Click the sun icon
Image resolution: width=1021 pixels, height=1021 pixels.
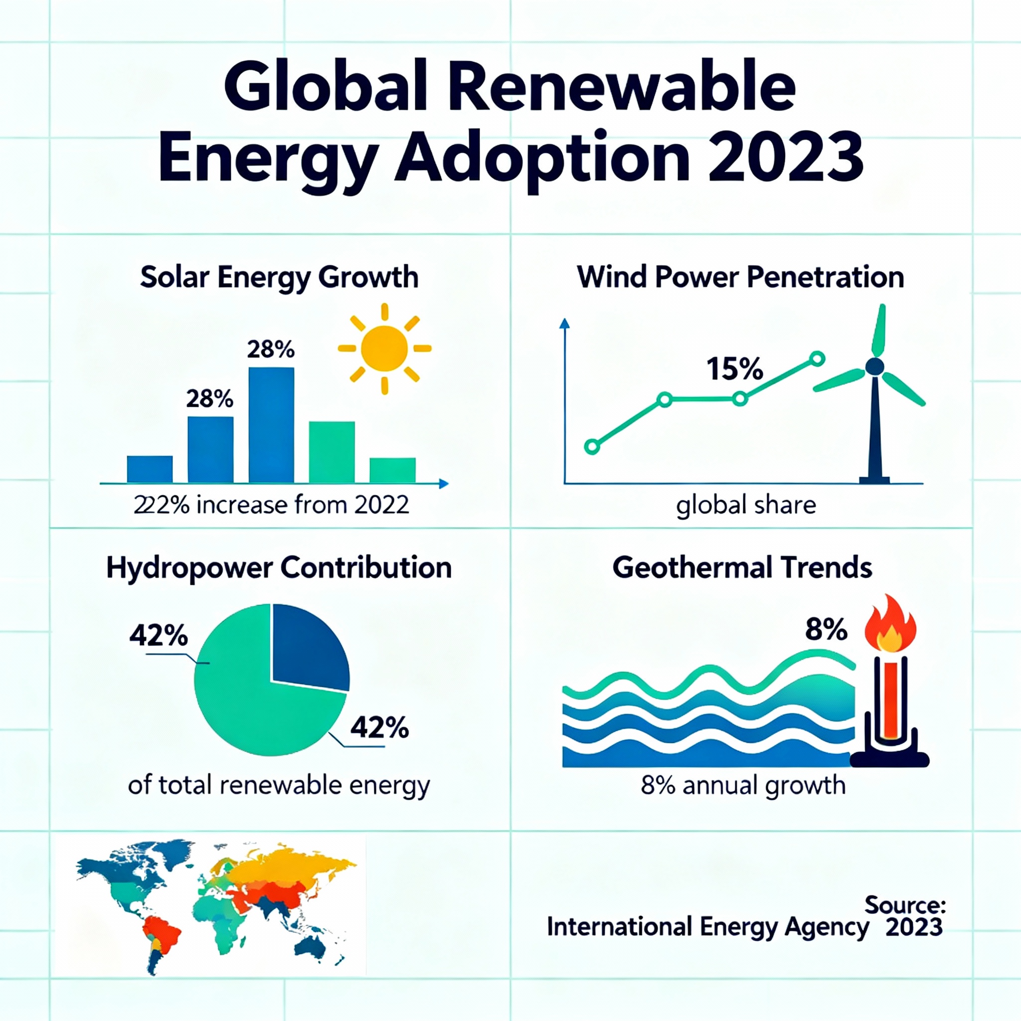tap(384, 349)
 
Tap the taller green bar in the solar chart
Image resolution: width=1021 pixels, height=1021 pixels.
tap(332, 452)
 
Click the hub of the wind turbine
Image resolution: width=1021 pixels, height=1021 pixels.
tap(874, 366)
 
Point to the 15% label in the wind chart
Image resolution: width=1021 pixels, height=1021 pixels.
tap(734, 369)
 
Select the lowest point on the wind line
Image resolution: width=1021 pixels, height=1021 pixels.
tap(592, 447)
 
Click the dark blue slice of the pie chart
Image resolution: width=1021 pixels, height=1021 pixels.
tap(307, 648)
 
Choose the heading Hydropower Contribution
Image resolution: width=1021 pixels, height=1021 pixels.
tap(279, 568)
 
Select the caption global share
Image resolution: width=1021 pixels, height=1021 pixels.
tap(746, 505)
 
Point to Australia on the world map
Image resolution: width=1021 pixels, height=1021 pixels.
tap(310, 949)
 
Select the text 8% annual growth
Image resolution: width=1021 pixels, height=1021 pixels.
tap(743, 785)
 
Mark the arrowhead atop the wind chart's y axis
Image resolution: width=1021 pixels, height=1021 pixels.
tap(564, 324)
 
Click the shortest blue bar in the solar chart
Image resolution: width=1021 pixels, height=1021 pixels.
tap(150, 469)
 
